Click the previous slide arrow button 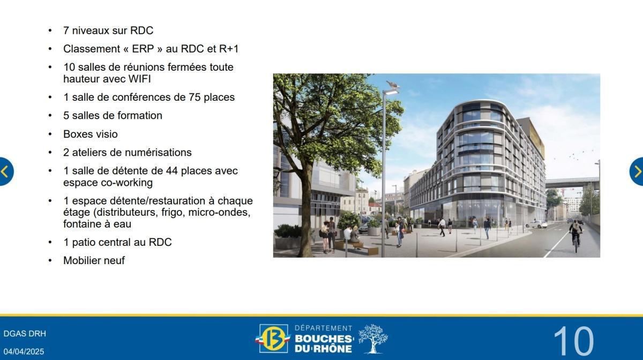(x=5, y=171)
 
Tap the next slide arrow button (x=637, y=171)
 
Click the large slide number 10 (x=573, y=341)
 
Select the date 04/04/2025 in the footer (x=24, y=351)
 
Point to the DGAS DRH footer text (x=25, y=334)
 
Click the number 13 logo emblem (x=274, y=339)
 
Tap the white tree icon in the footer (x=373, y=339)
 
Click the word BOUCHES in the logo (x=324, y=339)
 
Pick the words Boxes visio (x=90, y=134)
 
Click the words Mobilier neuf (x=94, y=260)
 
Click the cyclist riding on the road (x=575, y=232)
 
